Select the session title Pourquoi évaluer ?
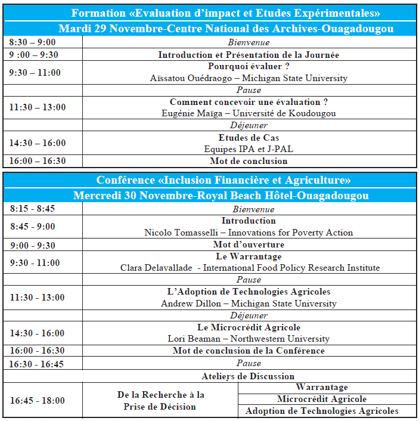coord(249,67)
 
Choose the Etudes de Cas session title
coord(249,138)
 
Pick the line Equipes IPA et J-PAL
coord(249,149)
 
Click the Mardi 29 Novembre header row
coord(226,29)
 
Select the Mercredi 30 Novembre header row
coord(221,196)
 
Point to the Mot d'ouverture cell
coord(249,244)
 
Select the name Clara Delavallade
coord(156,268)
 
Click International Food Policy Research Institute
coord(291,268)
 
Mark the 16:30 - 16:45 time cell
coord(36,364)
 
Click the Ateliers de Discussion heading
coord(248,376)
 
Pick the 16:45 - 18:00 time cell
coord(36,400)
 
